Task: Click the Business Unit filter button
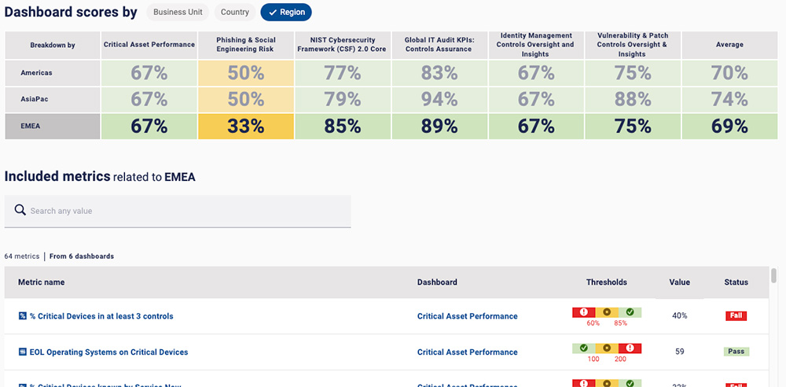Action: (x=178, y=13)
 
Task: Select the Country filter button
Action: (x=235, y=13)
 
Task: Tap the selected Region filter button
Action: (x=286, y=13)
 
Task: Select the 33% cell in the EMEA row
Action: (x=246, y=127)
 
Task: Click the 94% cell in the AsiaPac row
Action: (x=439, y=100)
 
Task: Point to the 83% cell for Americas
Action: (x=439, y=73)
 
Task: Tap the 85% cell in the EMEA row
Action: (x=342, y=127)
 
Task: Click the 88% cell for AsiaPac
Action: (x=633, y=100)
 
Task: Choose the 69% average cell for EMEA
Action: (x=729, y=127)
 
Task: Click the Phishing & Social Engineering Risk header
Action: (x=246, y=45)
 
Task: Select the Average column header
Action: (x=729, y=45)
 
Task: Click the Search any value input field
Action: (x=178, y=211)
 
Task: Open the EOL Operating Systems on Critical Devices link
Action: (x=108, y=352)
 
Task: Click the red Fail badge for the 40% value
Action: (x=736, y=316)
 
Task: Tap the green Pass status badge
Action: (x=736, y=352)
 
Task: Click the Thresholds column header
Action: (x=606, y=282)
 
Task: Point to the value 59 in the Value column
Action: (x=679, y=352)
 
